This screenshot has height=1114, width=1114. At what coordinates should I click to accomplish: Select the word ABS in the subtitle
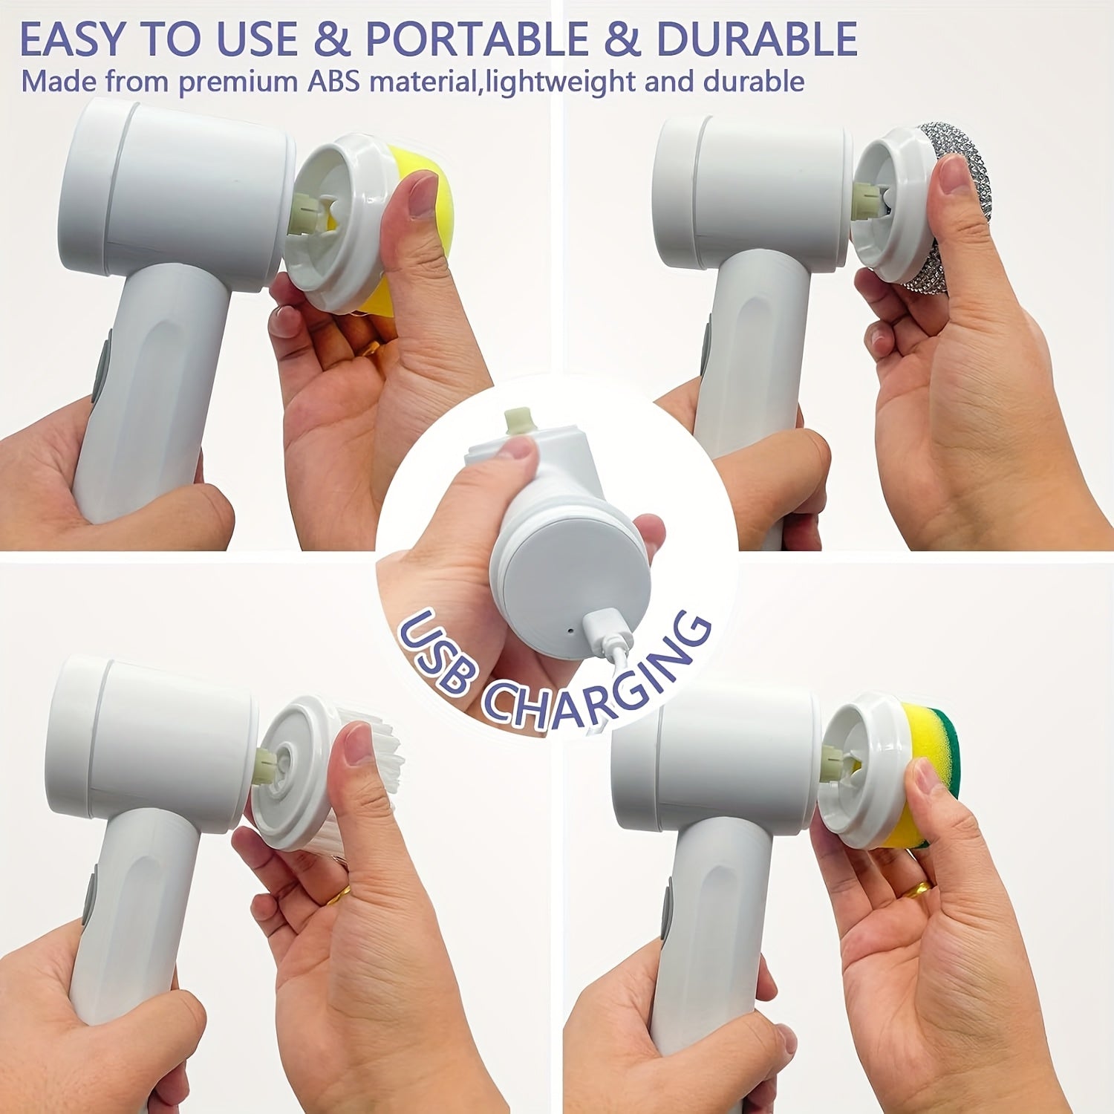333,81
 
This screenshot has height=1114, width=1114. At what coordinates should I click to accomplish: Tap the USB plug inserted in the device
605,631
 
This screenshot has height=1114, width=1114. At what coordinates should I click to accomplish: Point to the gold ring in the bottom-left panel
338,896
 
